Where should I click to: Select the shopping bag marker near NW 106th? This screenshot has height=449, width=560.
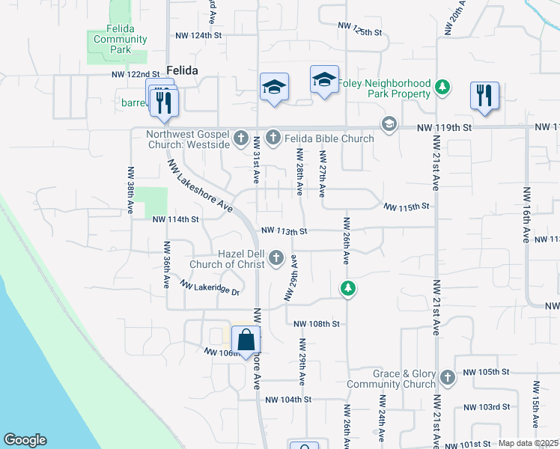[246, 341]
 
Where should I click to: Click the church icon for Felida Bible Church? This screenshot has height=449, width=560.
[273, 138]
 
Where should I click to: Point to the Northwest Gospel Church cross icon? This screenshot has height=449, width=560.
[241, 138]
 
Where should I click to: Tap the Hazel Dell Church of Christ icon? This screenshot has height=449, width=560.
[276, 259]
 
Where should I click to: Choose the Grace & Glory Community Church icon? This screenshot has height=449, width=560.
[448, 378]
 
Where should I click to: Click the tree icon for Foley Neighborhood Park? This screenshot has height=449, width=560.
[442, 88]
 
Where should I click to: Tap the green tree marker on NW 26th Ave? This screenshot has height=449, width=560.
[347, 288]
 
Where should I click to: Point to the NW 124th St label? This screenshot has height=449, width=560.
[199, 35]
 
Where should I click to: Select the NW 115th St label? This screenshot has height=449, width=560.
[407, 206]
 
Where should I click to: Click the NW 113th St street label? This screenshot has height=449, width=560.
[284, 231]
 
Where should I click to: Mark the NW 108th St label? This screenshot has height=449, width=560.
[317, 324]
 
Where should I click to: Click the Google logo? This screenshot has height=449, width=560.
[25, 441]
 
